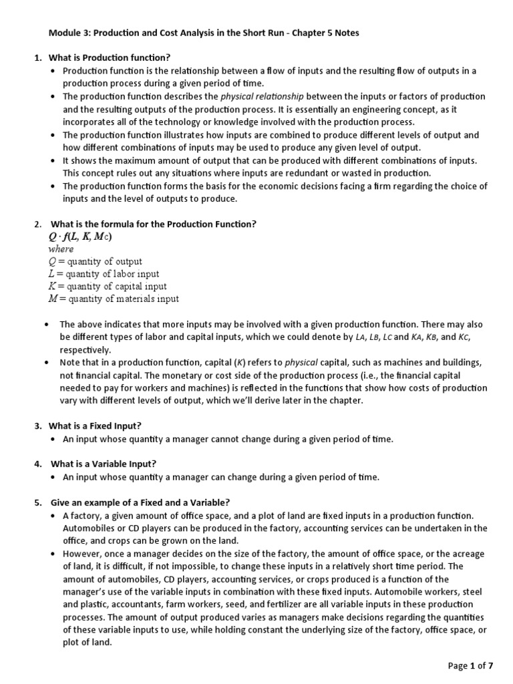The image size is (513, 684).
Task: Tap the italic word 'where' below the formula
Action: click(x=61, y=248)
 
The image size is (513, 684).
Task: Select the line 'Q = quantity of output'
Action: click(x=95, y=261)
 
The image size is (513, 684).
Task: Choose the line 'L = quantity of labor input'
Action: click(x=104, y=274)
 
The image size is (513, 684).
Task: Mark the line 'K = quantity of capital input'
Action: click(x=107, y=286)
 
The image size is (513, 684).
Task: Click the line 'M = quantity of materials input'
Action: click(x=114, y=299)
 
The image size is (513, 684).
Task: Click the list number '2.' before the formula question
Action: click(x=38, y=223)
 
